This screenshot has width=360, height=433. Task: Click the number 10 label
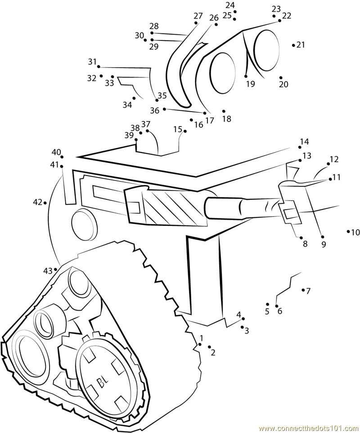pos(355,233)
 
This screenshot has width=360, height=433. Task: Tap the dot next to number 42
pos(45,203)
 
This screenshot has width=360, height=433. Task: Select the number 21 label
pos(301,45)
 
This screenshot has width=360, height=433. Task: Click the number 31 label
pos(92,62)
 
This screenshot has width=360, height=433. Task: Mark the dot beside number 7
pos(303,290)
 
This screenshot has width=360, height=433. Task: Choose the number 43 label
pos(48,271)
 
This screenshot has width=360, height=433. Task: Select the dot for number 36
pos(165,109)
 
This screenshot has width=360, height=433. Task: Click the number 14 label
pos(304,142)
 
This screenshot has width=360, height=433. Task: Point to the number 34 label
pos(127,105)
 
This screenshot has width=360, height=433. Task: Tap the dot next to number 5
pos(267,304)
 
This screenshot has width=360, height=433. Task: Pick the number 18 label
pos(227,119)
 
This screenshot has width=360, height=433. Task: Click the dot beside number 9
pos(323,237)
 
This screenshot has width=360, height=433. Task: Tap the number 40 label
pos(56,152)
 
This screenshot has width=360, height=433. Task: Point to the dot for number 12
pos(328,164)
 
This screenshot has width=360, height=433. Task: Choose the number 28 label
pos(154,26)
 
